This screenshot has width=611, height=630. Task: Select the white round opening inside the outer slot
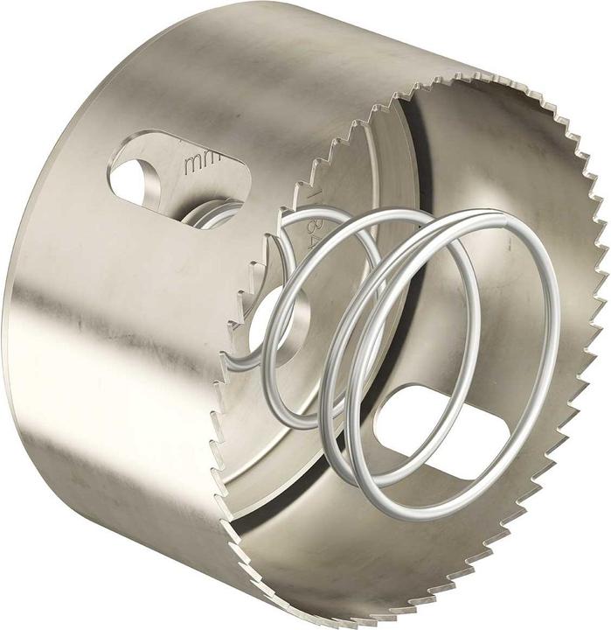pos(133,178)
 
